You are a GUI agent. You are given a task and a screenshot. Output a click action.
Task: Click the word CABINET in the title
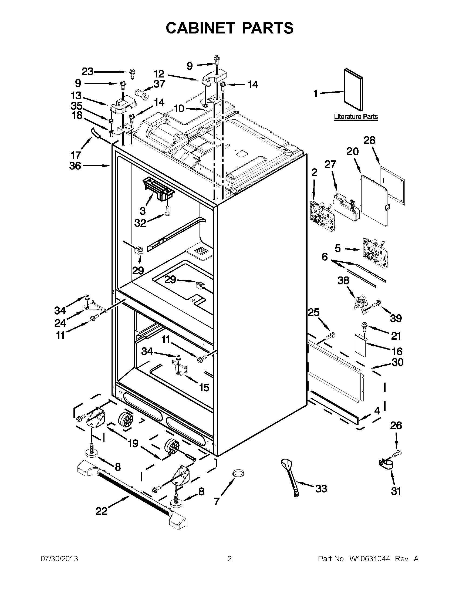tap(200, 28)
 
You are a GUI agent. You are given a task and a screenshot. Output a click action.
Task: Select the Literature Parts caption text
tap(356, 117)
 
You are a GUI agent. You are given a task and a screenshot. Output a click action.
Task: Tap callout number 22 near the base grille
tap(102, 511)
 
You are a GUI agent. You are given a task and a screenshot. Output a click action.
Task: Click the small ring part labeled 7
tap(238, 474)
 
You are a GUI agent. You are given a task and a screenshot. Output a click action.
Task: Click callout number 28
tap(370, 141)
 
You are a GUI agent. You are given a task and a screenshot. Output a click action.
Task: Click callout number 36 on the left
tap(75, 166)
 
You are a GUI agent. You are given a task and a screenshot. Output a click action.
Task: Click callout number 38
tap(343, 281)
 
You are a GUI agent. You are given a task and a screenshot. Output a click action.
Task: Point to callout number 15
tap(204, 387)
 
